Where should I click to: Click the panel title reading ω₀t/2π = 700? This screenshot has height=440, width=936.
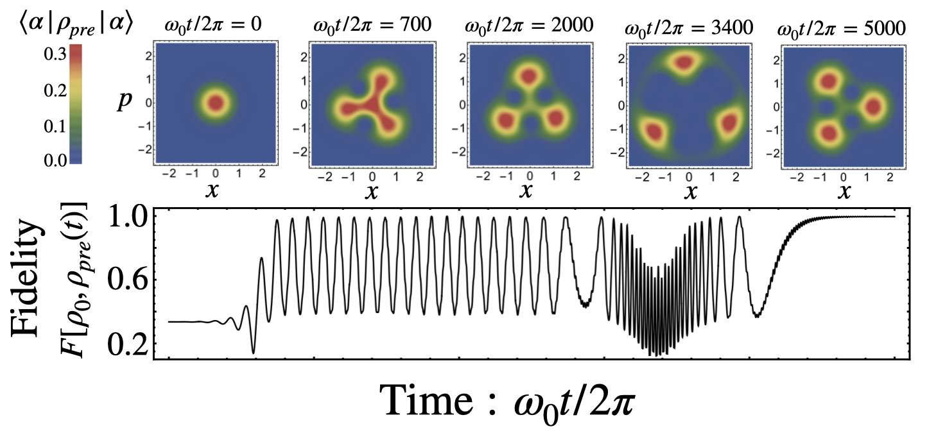coord(372,26)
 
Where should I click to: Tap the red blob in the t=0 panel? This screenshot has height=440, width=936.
coord(215,102)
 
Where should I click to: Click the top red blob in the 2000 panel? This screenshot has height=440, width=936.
coord(529,76)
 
